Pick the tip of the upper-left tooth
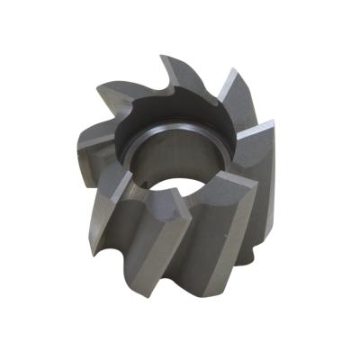tap(98, 85)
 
